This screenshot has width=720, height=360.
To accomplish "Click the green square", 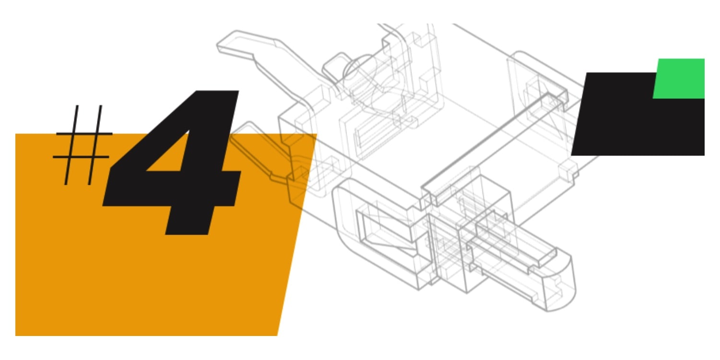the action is [x=679, y=79].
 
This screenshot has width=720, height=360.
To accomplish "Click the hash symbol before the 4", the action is [x=83, y=145].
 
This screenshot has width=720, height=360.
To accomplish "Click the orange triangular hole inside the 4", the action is [x=170, y=154].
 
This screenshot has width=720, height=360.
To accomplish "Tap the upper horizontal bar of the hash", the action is [x=84, y=133].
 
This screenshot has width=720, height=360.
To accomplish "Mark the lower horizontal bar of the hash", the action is [x=81, y=157].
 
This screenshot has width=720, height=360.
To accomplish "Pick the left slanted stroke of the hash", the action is [x=72, y=145].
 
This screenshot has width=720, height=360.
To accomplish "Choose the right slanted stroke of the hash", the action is [x=95, y=145].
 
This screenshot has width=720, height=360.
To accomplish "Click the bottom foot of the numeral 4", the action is [x=190, y=222].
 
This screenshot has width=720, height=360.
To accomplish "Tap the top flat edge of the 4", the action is [x=217, y=92].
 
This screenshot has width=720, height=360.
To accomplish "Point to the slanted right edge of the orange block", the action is [x=297, y=235].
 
